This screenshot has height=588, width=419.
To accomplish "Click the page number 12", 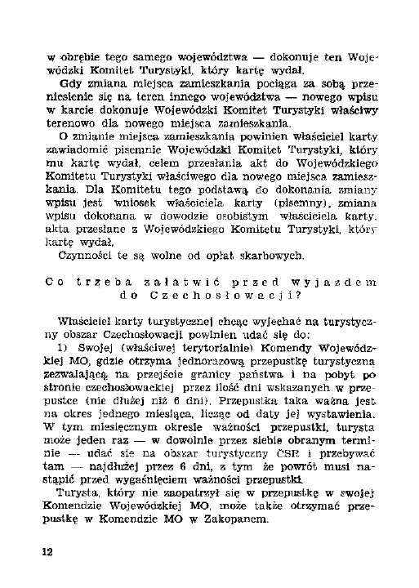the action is (x=48, y=553).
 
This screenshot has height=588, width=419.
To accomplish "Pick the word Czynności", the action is (x=90, y=257).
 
